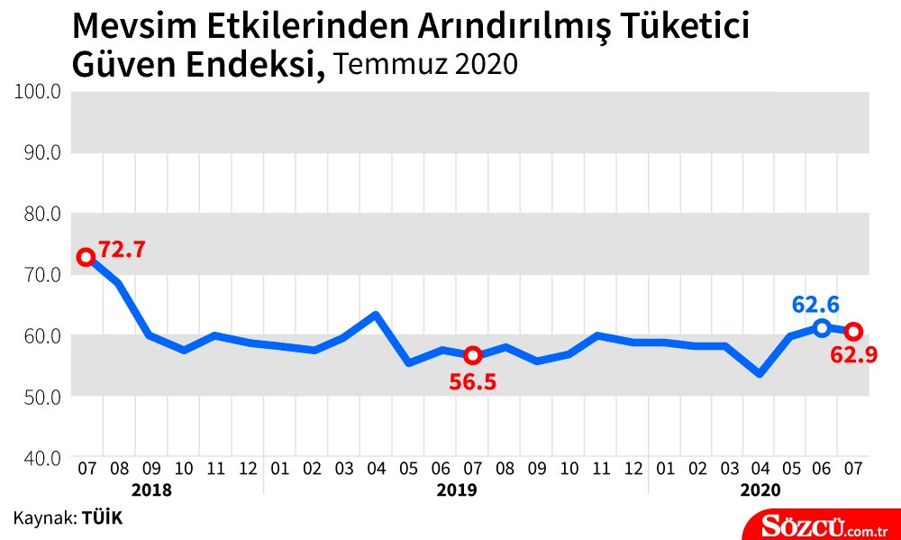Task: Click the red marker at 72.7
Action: [86, 257]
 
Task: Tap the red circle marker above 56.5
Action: [473, 355]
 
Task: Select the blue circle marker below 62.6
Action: [821, 327]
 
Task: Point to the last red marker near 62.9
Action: [853, 331]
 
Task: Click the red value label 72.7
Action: [122, 250]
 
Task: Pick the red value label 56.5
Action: [473, 381]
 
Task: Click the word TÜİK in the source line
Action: [102, 517]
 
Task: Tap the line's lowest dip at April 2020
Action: [760, 372]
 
